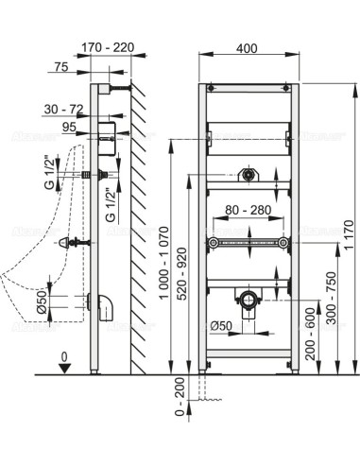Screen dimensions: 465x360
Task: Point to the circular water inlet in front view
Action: [249, 174]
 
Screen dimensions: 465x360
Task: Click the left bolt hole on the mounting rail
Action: [214, 243]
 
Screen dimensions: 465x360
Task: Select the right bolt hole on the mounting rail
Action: [283, 243]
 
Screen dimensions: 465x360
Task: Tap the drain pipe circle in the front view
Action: [249, 302]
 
